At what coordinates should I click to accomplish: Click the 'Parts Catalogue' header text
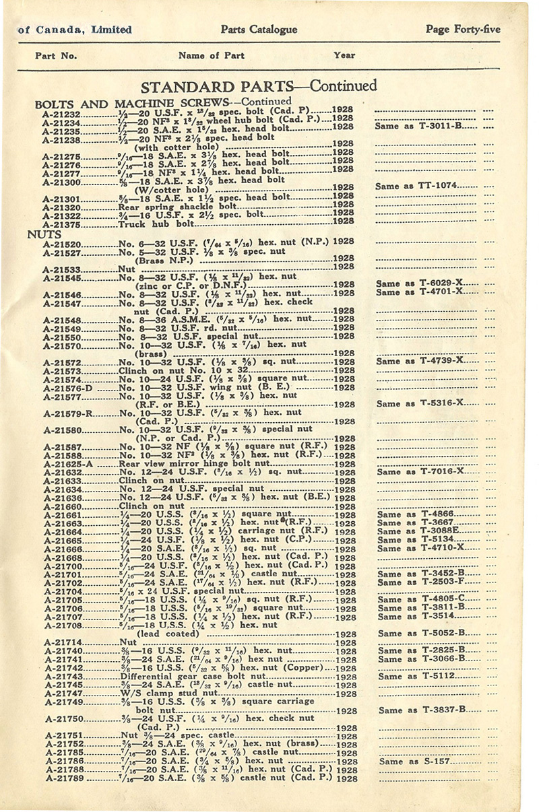[x=258, y=30]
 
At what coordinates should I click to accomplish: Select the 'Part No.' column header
[x=56, y=56]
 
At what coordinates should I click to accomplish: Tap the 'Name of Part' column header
[x=212, y=56]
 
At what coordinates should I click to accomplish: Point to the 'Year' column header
[x=344, y=56]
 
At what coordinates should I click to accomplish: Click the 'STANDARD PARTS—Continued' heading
[x=259, y=86]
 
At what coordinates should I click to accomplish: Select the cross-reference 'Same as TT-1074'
[x=427, y=185]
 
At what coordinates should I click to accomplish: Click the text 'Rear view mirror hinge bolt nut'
[x=194, y=463]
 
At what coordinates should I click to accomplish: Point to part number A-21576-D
[x=67, y=388]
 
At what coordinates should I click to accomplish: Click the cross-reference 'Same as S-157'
[x=418, y=761]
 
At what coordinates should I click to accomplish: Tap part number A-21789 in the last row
[x=64, y=778]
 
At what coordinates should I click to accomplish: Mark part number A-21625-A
[x=67, y=464]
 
